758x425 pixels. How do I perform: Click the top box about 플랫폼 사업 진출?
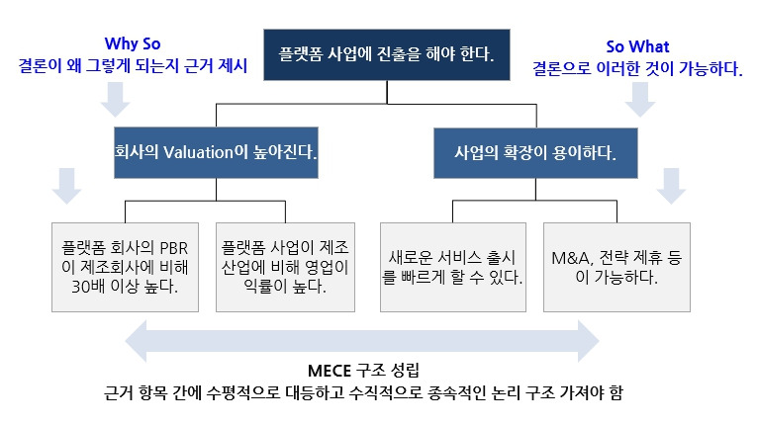click(386, 50)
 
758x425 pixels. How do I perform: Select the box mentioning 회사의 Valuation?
click(217, 154)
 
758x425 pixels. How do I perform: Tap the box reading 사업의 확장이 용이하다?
click(534, 154)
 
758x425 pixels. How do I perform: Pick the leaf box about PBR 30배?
click(126, 264)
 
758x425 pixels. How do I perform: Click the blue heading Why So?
click(133, 44)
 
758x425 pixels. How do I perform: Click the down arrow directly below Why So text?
click(117, 97)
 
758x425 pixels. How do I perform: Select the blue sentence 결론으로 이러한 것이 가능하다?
click(637, 68)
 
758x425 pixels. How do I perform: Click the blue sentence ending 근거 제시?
click(133, 67)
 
